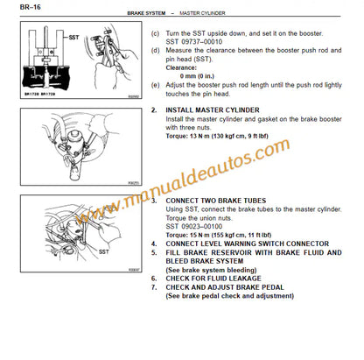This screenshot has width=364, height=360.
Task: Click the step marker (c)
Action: [x=155, y=32]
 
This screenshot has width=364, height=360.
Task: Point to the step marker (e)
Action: [x=155, y=84]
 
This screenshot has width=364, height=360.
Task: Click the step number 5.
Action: [x=154, y=251]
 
